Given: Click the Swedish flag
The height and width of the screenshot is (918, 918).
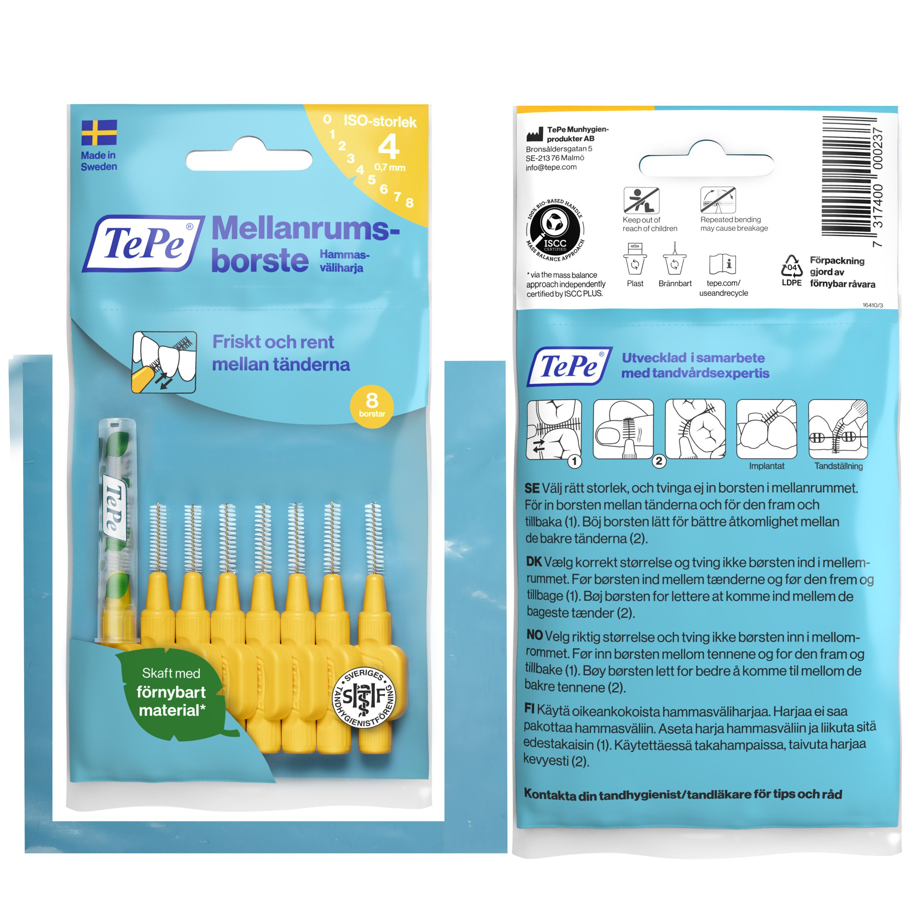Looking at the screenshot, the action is [99, 133].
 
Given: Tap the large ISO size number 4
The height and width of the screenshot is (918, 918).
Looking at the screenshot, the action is [388, 147].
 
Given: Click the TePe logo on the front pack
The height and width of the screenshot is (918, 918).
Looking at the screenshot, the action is [144, 244].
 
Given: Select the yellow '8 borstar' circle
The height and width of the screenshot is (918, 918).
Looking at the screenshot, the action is [372, 406].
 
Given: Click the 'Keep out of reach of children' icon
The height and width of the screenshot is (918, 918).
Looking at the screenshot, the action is [641, 200].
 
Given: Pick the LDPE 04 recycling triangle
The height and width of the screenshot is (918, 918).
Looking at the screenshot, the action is [792, 267].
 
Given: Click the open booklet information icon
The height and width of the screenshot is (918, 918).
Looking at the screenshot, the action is [722, 264].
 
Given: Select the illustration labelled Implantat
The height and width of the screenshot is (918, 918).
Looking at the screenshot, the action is [766, 429].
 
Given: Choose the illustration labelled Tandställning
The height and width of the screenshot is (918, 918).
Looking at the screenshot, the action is [838, 429].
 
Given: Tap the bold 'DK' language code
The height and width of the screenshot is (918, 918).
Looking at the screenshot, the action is [534, 562].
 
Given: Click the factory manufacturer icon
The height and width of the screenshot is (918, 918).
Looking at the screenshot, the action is [535, 134].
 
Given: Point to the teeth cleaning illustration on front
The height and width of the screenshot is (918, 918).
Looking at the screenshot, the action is [164, 362].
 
